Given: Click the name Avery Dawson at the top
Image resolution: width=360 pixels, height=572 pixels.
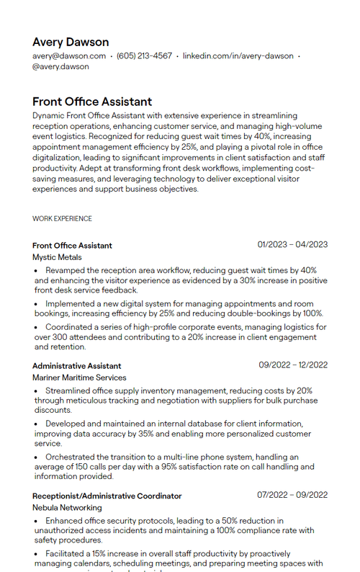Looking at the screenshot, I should coord(71,42).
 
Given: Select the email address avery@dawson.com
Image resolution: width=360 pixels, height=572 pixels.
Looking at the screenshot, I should coord(69,55).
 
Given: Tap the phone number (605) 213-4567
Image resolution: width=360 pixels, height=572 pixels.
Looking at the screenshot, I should coord(144,55).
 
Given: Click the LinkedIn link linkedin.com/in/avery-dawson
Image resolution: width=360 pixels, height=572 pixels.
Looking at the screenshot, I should coord(238,55).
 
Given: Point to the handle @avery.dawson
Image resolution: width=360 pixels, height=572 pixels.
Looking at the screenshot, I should coord(60,66).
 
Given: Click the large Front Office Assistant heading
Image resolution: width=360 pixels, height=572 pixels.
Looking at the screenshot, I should coord(92,102).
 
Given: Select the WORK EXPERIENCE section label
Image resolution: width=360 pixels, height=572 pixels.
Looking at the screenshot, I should coord(62,218).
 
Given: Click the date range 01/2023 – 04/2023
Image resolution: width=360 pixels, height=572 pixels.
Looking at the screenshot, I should coord(292,245).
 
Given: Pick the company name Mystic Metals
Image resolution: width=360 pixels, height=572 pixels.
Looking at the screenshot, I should coord(57,257).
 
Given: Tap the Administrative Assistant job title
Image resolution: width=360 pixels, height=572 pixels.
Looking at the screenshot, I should coord(76,366).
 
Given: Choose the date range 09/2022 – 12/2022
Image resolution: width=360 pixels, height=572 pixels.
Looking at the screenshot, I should coord(293,365).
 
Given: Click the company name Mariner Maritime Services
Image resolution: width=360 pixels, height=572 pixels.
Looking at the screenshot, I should coord(79,377).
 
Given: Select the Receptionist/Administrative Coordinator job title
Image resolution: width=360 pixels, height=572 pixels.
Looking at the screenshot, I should coord(107,496).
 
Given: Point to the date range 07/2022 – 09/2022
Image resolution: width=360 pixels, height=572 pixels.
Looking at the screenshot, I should coord(292,495).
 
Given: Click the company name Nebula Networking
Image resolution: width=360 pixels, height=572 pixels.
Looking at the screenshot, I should coord(67,507).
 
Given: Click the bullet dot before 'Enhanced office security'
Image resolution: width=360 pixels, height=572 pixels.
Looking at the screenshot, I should coord(37,521).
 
